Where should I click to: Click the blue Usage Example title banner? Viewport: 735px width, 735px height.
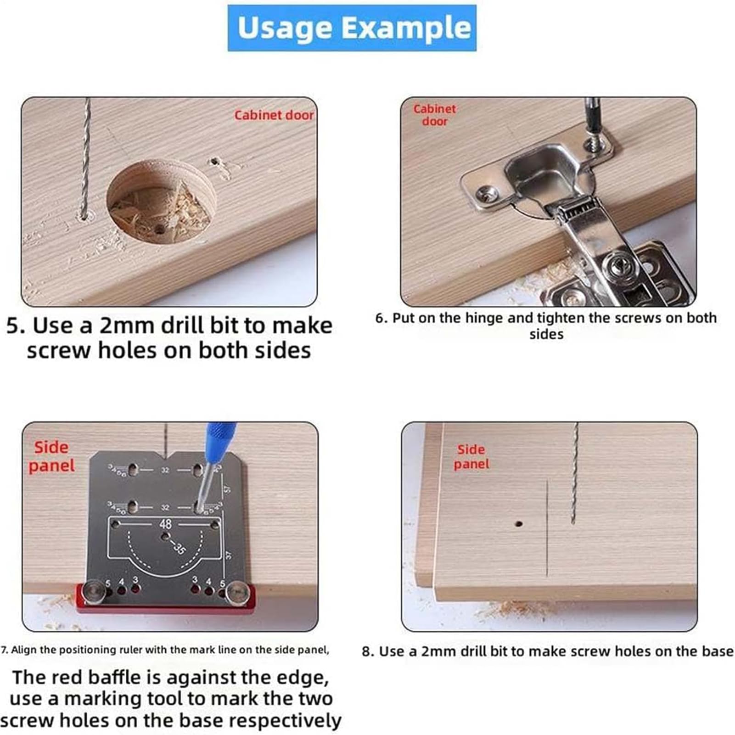coord(352,28)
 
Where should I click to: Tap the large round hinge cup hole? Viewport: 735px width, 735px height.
coord(161,202)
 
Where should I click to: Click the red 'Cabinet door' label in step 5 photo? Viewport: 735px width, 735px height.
coord(274,115)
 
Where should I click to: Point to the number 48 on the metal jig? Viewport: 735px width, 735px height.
coord(166,524)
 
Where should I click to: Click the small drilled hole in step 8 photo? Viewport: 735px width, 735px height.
coord(519,523)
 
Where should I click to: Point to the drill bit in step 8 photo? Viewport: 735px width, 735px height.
coord(575,473)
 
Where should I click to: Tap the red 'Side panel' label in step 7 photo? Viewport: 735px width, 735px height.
coord(51,457)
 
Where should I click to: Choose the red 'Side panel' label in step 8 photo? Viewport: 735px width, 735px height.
coord(471,457)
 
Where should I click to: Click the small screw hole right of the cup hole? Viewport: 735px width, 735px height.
coord(214,162)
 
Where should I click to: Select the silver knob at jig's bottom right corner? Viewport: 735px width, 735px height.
coord(237,591)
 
